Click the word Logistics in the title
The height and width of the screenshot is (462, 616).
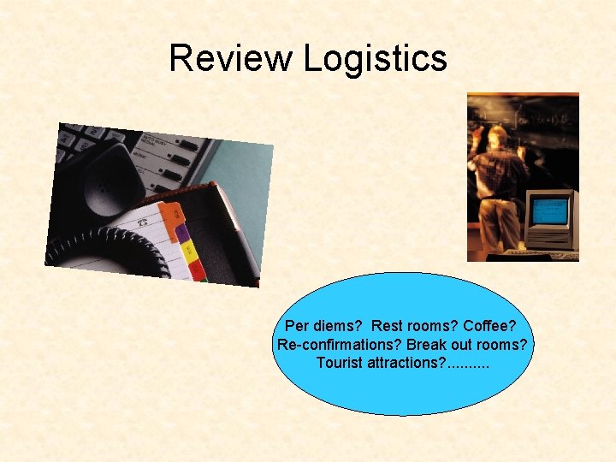tap(375, 58)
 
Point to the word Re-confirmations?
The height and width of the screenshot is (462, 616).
tap(339, 345)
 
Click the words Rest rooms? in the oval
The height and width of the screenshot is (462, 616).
tap(416, 326)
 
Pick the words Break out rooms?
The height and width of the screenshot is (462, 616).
tap(468, 345)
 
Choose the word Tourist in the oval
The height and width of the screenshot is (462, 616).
tap(340, 363)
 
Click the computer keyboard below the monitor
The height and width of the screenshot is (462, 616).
tap(548, 254)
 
